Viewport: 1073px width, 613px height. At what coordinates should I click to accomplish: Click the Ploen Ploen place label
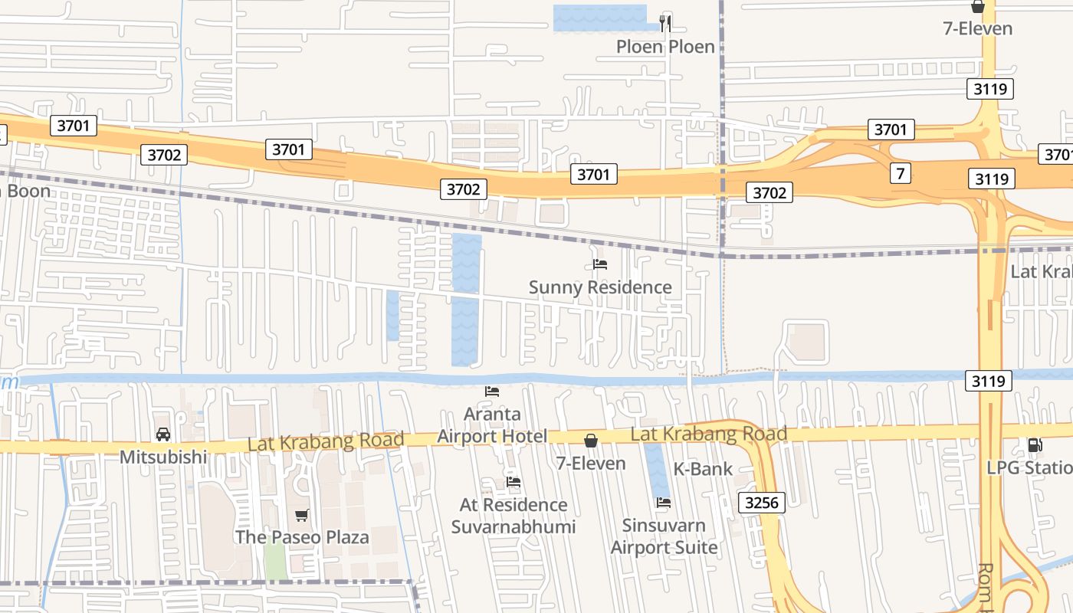pyautogui.click(x=665, y=47)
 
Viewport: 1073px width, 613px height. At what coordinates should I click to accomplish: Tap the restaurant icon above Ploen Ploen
pyautogui.click(x=665, y=23)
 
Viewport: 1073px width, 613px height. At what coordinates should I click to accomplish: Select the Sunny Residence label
pyautogui.click(x=600, y=287)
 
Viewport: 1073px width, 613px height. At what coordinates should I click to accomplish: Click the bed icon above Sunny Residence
pyautogui.click(x=600, y=264)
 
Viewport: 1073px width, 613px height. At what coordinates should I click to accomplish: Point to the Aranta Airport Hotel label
pyautogui.click(x=492, y=425)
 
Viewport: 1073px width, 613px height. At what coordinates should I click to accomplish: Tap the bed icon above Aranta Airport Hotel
pyautogui.click(x=492, y=391)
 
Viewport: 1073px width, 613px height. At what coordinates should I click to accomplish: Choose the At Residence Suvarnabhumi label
pyautogui.click(x=514, y=516)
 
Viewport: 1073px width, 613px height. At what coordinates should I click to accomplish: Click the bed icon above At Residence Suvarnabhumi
pyautogui.click(x=514, y=482)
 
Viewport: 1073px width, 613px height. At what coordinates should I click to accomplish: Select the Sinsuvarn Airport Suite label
pyautogui.click(x=664, y=536)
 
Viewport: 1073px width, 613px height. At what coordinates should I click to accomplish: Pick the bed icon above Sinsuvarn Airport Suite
pyautogui.click(x=664, y=503)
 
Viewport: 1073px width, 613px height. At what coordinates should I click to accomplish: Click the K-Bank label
pyautogui.click(x=703, y=469)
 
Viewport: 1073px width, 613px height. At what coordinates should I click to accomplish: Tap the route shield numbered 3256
pyautogui.click(x=762, y=503)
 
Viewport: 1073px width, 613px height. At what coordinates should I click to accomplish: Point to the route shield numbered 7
pyautogui.click(x=901, y=173)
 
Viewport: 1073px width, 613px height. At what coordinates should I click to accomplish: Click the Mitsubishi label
pyautogui.click(x=163, y=457)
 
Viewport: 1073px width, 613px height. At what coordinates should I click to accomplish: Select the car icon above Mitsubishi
pyautogui.click(x=163, y=434)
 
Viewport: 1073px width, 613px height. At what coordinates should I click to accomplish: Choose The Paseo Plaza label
pyautogui.click(x=302, y=537)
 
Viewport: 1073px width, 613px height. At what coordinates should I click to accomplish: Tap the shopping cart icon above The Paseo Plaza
pyautogui.click(x=302, y=516)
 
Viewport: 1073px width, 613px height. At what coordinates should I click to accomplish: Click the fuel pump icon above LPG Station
pyautogui.click(x=1035, y=445)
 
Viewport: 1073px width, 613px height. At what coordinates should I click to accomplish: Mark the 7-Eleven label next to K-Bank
pyautogui.click(x=591, y=464)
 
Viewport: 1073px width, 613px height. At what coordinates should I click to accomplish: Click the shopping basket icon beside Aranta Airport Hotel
pyautogui.click(x=591, y=441)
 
